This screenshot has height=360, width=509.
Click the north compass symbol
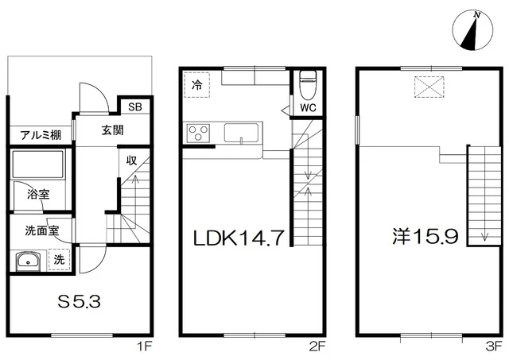[x=472, y=31]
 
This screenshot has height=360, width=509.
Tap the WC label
[x=308, y=107]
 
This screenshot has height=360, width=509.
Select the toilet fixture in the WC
[x=308, y=85]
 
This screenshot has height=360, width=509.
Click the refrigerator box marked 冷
[x=197, y=85]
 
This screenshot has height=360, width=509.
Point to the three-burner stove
[x=198, y=133]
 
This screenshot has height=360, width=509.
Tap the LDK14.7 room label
[x=239, y=238]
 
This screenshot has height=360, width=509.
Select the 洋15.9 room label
[x=425, y=236]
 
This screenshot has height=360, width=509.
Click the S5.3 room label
[x=80, y=302]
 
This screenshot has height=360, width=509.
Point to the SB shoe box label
[x=135, y=106]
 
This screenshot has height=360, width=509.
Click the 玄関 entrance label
[x=113, y=130]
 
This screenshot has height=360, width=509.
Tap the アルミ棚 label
[x=41, y=135]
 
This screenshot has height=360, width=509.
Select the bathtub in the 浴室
[x=38, y=165]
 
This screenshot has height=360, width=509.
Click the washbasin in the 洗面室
[x=29, y=261]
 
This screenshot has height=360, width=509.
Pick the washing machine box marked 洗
[x=59, y=260]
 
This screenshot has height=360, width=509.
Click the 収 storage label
[x=131, y=161]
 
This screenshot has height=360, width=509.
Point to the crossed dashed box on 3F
[x=429, y=87]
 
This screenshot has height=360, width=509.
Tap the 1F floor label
[x=145, y=347]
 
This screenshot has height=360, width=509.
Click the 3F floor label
[x=494, y=347]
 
